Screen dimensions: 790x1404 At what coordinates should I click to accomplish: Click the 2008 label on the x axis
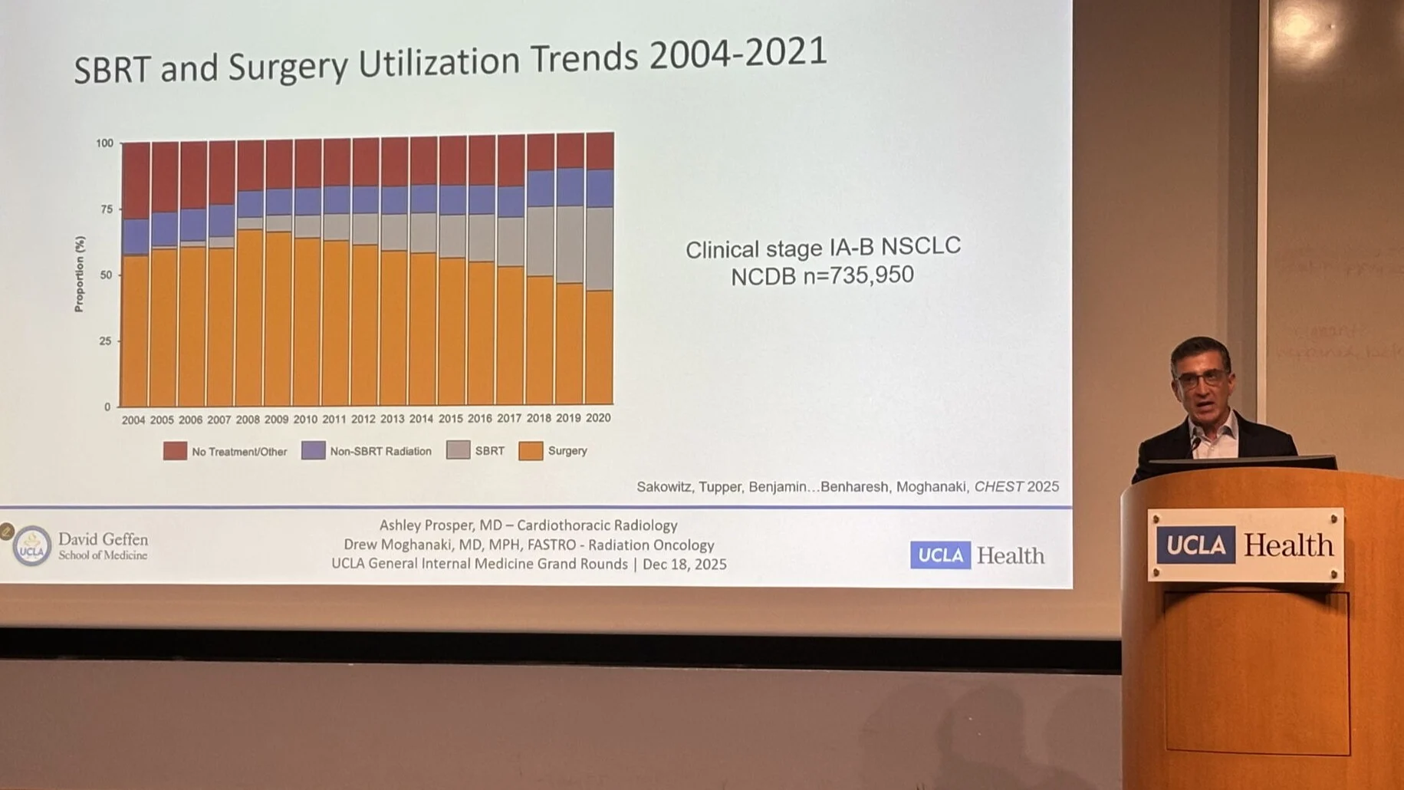coord(248,420)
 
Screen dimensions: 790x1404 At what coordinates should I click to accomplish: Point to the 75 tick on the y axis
coord(106,209)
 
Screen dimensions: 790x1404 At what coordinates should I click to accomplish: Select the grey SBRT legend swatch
coord(459,450)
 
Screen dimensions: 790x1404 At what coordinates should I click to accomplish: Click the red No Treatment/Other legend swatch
coord(175,451)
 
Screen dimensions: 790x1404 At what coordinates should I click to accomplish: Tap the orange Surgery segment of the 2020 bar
coord(599,345)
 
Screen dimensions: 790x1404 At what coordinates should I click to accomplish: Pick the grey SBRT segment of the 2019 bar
coord(570,244)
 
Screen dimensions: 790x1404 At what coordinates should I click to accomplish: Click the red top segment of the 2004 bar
coord(136,180)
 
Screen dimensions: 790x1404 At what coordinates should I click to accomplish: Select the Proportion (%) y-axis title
coord(79,274)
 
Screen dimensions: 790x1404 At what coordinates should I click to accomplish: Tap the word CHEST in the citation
coord(998,486)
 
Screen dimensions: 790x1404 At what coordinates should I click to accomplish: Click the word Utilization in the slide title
coord(439,62)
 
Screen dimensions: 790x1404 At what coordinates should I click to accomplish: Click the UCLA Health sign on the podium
coord(1245,545)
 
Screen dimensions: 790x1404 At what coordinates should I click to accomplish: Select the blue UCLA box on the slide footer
coord(940,555)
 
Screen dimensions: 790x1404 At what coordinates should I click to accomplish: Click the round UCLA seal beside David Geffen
coord(31,546)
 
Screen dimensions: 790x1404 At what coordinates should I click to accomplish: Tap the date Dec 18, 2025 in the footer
coord(684,565)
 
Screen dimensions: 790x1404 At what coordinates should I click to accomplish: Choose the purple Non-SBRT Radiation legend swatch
coord(313,450)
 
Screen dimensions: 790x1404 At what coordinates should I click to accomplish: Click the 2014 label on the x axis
coord(421,419)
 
